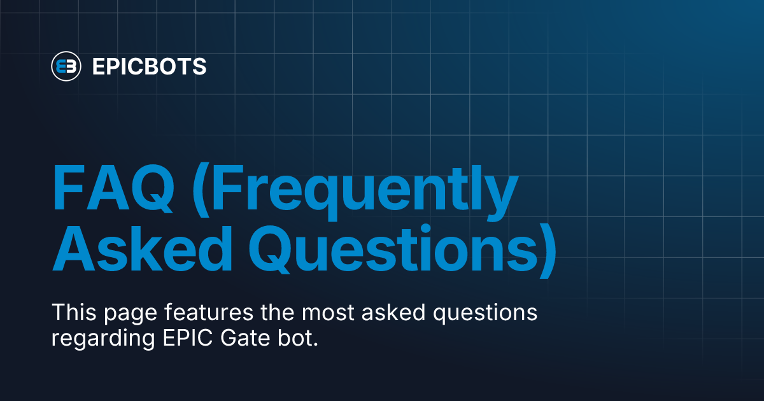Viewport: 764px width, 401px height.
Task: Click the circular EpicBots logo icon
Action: tap(66, 66)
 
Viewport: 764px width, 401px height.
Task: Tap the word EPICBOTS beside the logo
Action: tap(149, 66)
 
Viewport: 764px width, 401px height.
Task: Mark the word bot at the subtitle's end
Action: tap(295, 338)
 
